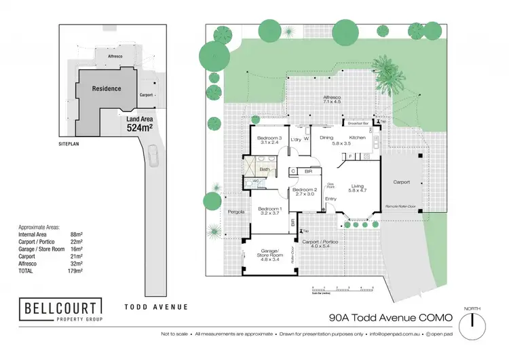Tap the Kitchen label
tap(358, 138)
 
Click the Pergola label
tap(235, 212)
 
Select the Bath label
tap(265, 169)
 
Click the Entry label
tap(331, 198)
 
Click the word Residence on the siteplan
tap(107, 88)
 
